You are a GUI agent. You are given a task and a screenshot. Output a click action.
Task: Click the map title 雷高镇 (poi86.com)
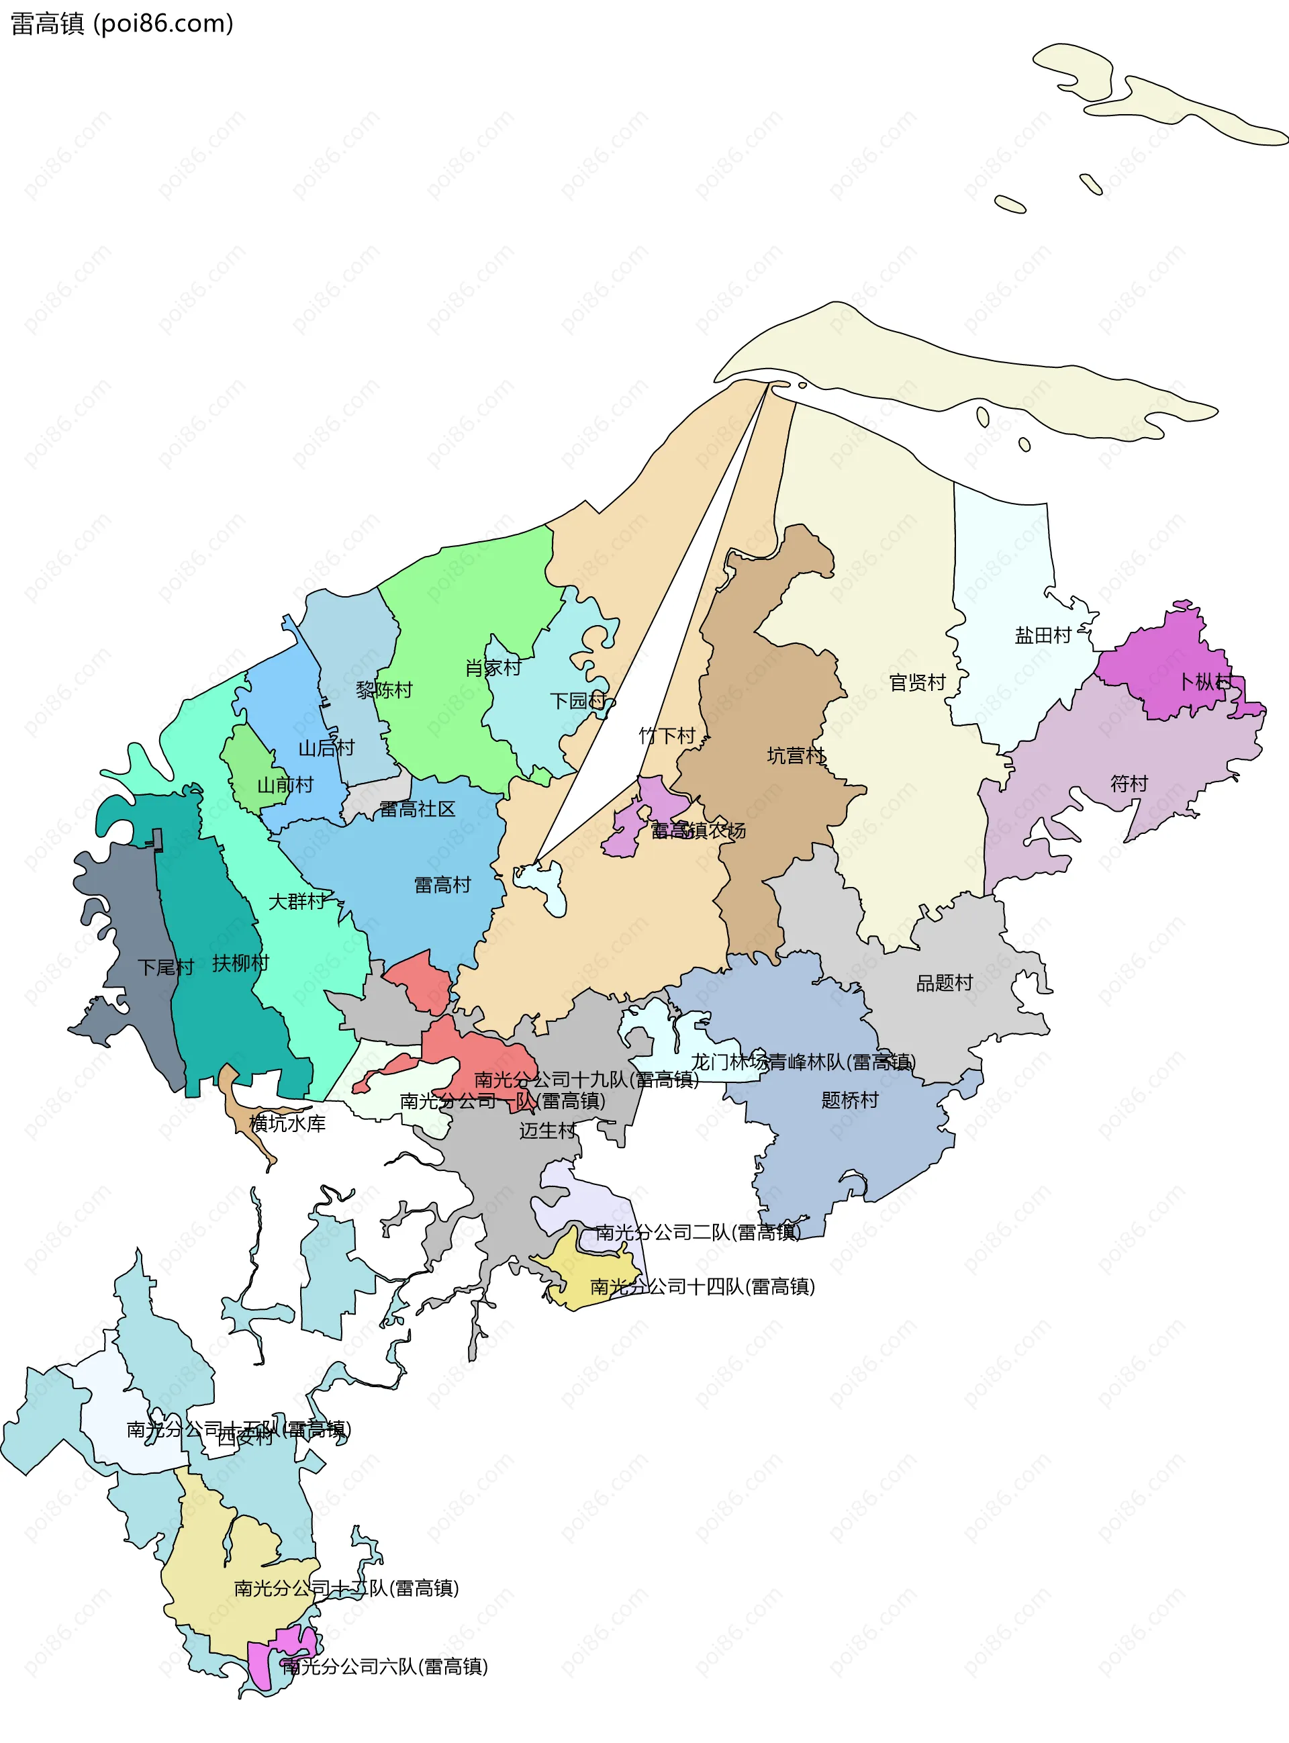[x=122, y=23]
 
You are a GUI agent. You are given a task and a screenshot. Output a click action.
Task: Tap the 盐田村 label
[x=1043, y=636]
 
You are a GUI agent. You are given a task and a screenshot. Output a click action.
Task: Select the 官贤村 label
[x=918, y=683]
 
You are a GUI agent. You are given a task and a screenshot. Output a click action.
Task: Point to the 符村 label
[x=1129, y=784]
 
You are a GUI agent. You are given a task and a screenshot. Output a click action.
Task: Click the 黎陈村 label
[x=384, y=690]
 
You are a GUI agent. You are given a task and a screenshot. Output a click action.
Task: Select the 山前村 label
[x=285, y=785]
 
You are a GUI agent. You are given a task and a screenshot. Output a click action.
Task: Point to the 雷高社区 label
[x=418, y=809]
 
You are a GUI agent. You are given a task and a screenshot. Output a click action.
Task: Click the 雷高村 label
[x=442, y=885]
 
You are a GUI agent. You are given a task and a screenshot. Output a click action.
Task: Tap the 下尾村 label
[x=165, y=968]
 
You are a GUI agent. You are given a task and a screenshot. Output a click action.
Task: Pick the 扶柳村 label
[x=240, y=963]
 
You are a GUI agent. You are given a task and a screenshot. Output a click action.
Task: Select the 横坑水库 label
[x=287, y=1123]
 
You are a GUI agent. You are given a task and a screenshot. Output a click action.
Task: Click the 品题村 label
[x=944, y=983]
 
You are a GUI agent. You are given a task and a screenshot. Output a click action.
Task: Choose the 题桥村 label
[x=850, y=1100]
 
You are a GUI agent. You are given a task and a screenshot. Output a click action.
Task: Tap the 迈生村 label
[x=548, y=1131]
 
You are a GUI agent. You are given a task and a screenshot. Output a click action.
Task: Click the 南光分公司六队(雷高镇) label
[x=385, y=1666]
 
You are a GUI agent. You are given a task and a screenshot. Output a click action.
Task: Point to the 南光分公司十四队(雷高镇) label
[x=702, y=1286]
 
